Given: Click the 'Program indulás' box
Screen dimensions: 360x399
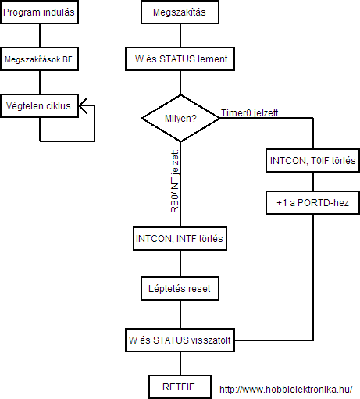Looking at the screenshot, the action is [40, 12].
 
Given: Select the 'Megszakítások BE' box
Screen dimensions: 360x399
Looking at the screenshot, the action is [40, 59].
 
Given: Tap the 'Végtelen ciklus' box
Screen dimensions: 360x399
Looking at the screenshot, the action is [40, 106].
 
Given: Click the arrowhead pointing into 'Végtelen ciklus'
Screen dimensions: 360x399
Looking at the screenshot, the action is [83, 105].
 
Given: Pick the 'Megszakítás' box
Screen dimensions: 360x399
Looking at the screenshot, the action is [180, 12].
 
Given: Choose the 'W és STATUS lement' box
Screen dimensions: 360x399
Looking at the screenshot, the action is [180, 59].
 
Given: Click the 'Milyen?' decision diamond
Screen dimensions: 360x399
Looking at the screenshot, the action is [180, 118].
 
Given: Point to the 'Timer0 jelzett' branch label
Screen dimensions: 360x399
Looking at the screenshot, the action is [250, 113].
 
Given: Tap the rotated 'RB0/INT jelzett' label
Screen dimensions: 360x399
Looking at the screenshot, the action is [175, 181].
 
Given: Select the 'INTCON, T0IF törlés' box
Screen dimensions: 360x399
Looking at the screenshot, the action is [312, 161].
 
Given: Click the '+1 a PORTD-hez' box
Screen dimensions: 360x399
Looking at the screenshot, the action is [312, 203].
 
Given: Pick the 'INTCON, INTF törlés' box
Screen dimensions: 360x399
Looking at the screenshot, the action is [180, 239].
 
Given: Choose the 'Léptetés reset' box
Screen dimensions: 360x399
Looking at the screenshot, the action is [180, 289].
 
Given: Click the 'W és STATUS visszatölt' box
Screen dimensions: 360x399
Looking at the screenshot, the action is [180, 340].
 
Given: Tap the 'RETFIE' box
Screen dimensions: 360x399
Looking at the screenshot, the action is [180, 387].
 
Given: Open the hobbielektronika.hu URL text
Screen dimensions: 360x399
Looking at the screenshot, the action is [286, 390].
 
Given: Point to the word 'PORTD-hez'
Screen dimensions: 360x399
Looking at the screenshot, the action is [323, 203].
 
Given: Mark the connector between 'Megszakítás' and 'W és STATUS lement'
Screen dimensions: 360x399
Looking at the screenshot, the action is [180, 36].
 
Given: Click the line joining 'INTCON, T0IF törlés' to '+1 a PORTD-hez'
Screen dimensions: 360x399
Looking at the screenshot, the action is [313, 182].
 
